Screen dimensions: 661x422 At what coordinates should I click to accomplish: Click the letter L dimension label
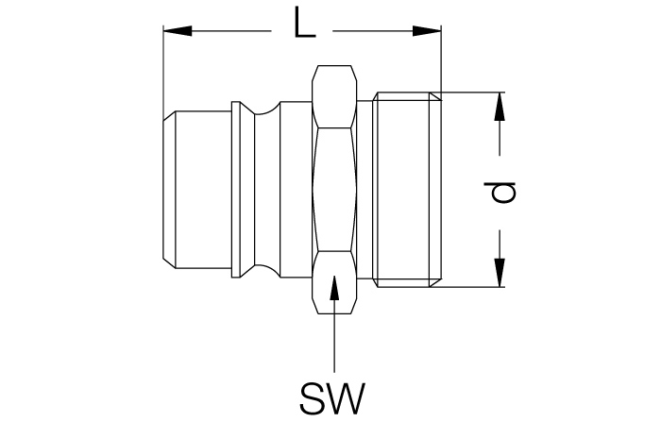(304, 23)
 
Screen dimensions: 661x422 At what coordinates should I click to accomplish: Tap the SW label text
(332, 398)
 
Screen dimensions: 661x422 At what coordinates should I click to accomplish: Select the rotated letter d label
(504, 193)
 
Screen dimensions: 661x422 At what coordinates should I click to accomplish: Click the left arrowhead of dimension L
(178, 31)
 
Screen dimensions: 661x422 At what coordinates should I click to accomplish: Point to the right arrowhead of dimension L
(427, 31)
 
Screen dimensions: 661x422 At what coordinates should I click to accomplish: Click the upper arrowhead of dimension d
(500, 107)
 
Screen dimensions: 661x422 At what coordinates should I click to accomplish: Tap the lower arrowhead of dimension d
(500, 272)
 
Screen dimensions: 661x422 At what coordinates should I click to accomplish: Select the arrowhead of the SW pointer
(334, 288)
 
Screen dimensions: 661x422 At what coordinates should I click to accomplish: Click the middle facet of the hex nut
(334, 190)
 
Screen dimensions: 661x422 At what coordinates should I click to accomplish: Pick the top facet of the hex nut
(334, 96)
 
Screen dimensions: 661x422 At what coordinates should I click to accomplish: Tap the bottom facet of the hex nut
(334, 282)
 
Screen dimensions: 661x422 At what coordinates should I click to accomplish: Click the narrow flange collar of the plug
(236, 190)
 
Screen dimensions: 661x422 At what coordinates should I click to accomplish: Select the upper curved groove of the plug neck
(267, 109)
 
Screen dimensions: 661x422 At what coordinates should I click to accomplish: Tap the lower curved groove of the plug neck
(267, 270)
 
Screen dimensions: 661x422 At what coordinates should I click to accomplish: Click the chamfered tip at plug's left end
(169, 190)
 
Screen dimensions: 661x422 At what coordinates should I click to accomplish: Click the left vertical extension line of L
(163, 73)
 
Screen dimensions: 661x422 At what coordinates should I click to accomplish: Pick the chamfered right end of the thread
(435, 190)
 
